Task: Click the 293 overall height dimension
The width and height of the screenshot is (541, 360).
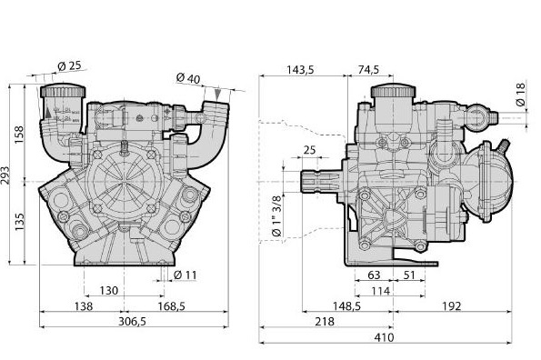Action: [x=5, y=175]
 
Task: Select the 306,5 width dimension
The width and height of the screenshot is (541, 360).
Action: [x=132, y=322]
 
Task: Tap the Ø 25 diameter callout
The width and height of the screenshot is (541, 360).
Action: [x=69, y=65]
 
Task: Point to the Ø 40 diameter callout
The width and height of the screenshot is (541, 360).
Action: [x=188, y=78]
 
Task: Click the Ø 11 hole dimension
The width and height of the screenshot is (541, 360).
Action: [x=185, y=275]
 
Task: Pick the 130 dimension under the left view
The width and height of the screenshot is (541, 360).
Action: [x=109, y=291]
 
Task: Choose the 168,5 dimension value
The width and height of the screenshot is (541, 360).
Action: [x=172, y=306]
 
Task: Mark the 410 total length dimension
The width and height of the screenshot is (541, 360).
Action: [x=384, y=337]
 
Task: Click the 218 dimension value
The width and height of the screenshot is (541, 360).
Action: [x=325, y=322]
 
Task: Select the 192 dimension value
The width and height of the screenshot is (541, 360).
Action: [x=452, y=306]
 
